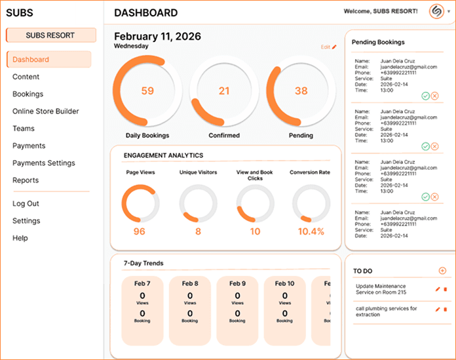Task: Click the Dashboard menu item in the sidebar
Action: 31,60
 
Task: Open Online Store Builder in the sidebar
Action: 45,111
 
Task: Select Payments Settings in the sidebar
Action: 43,163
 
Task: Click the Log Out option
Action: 26,204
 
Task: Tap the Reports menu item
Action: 26,180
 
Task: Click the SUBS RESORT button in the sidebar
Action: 50,35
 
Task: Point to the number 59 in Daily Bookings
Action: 147,91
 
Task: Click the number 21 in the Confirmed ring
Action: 224,91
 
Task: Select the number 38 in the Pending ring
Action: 301,91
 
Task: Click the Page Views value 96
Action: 140,231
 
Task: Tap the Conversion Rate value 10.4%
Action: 311,231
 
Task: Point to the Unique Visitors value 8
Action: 198,231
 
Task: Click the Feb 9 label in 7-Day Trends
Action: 237,283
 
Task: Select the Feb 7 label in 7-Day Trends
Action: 142,283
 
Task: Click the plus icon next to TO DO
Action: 442,270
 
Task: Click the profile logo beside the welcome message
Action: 436,12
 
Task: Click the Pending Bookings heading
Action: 378,43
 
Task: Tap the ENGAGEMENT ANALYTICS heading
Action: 163,155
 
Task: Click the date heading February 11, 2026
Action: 157,36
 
